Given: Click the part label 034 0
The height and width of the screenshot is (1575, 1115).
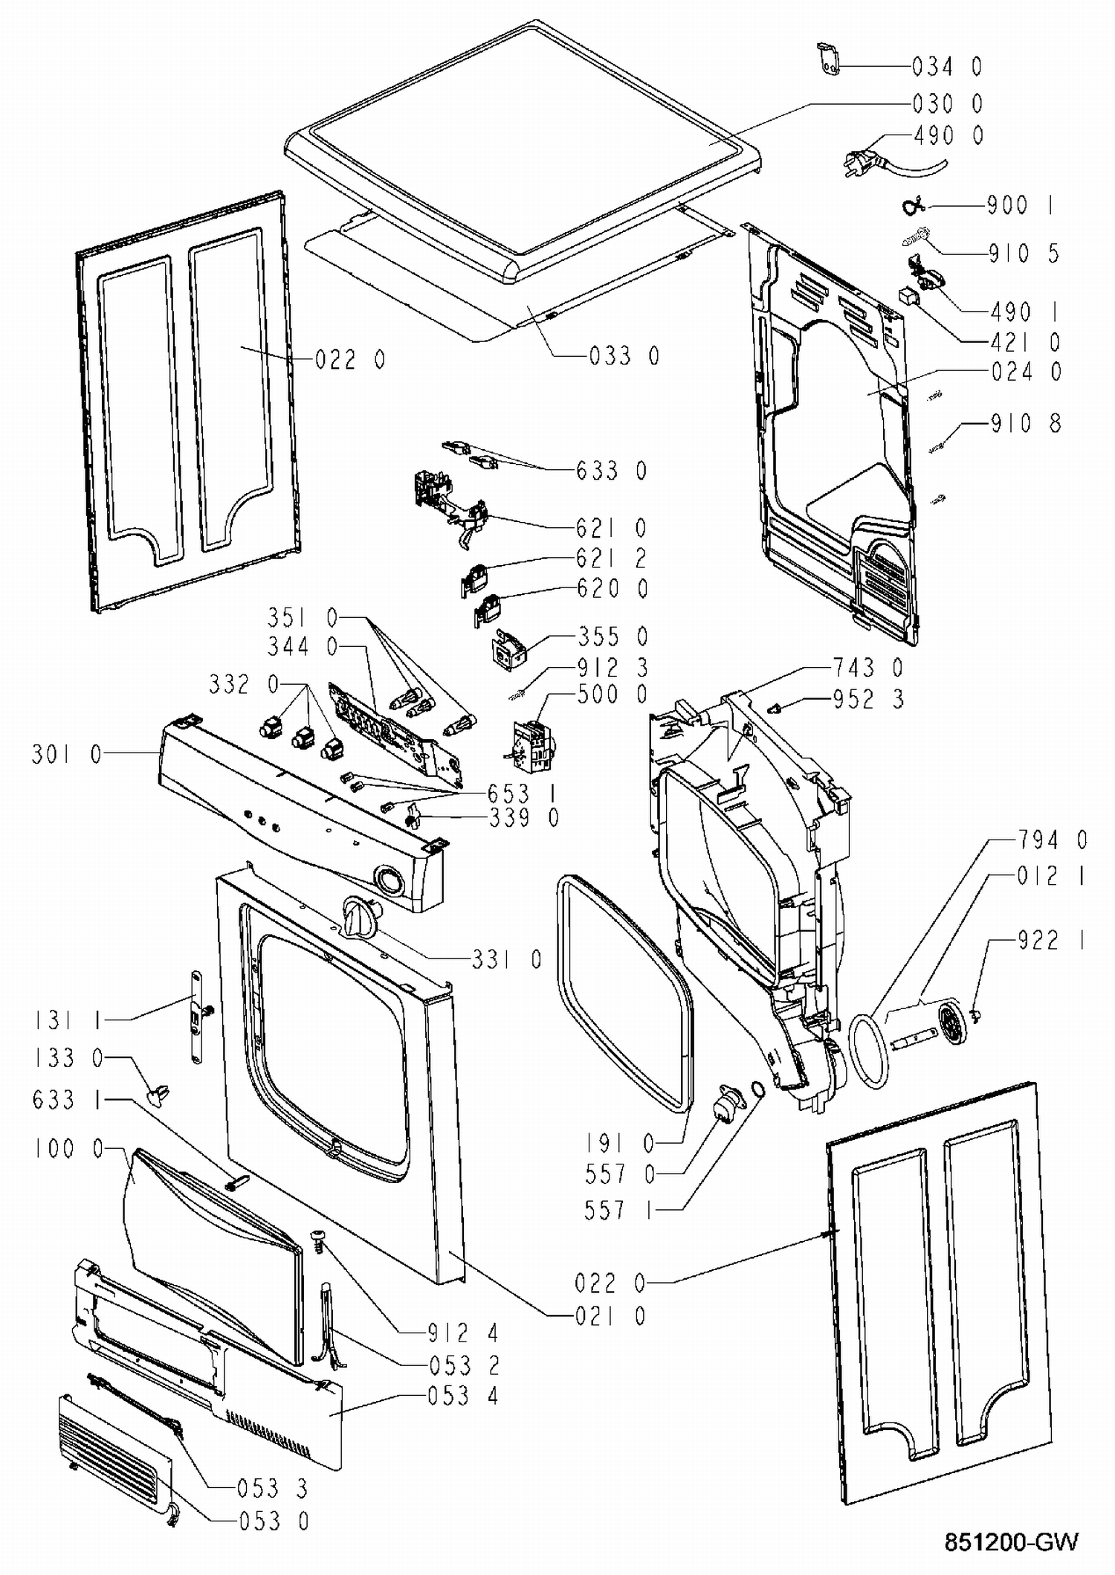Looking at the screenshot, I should point(947,67).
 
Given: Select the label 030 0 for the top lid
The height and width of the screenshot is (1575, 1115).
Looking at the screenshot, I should point(947,103).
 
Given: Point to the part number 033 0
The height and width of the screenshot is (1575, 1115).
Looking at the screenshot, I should point(624,356).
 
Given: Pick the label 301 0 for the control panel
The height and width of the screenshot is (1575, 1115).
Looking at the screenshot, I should point(66,755).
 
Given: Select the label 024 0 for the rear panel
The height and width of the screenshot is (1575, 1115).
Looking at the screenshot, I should point(1027,371).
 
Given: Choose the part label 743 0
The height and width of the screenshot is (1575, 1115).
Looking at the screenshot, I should point(867,668).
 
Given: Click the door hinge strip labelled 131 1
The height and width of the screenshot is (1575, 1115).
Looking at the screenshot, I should point(196,1016).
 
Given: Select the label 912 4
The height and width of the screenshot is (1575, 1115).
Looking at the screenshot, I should point(463,1333).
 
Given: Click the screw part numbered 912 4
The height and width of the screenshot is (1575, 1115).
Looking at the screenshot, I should point(317,1241).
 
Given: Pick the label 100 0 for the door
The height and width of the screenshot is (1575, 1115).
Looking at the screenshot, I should point(68,1149).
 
